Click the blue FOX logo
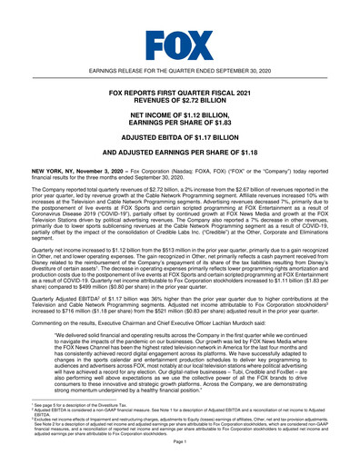point(180,42)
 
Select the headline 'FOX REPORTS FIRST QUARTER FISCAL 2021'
point(180,94)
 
